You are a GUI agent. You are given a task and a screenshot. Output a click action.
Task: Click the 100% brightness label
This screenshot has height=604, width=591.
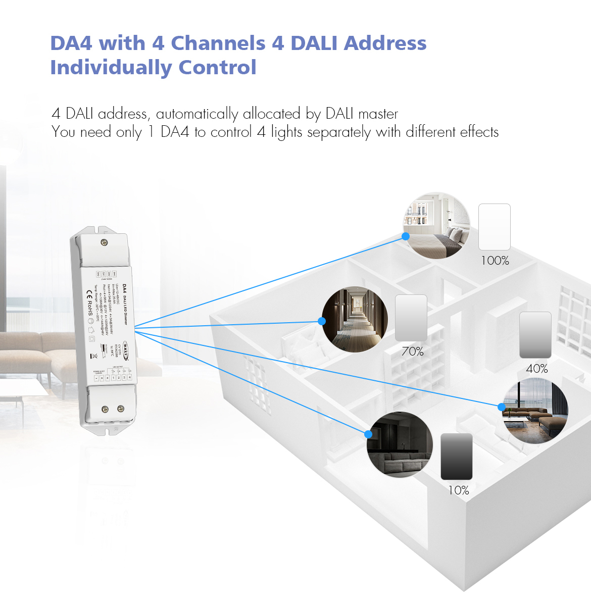495,261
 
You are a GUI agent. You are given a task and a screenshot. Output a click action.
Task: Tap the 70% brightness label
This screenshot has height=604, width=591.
412,351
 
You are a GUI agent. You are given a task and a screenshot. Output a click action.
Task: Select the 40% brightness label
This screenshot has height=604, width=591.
536,369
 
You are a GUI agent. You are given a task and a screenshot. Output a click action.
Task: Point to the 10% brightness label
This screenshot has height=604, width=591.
458,490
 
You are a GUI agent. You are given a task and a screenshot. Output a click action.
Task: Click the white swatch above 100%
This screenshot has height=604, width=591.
495,227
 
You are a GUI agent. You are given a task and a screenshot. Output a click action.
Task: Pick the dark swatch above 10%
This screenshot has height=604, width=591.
457,457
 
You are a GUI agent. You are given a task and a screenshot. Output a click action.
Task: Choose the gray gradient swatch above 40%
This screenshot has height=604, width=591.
535,335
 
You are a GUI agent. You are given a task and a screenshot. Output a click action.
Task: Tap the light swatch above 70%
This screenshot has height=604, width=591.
411,318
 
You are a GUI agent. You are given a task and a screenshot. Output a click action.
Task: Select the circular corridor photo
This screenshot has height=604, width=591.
355,320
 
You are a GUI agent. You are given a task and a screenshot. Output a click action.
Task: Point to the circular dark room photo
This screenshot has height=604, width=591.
400,444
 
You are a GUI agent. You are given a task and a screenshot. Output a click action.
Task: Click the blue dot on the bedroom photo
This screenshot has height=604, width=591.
406,236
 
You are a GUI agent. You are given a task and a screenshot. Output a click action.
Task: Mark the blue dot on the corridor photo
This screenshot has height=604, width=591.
322,321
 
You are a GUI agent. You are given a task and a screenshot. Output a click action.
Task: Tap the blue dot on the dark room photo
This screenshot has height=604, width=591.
368,434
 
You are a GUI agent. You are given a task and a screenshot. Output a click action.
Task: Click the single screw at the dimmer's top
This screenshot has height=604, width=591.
104,243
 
